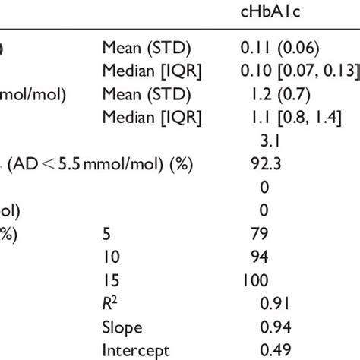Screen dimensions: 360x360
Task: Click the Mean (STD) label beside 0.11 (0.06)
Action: point(135,48)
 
